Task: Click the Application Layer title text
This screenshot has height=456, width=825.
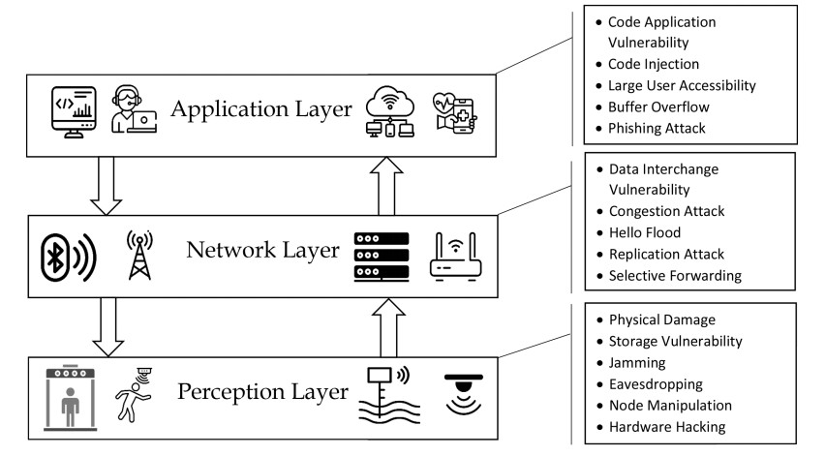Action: [260, 108]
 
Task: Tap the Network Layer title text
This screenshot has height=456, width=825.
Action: [262, 251]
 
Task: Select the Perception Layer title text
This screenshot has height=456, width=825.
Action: [262, 393]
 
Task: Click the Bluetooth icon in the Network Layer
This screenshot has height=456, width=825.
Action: [66, 255]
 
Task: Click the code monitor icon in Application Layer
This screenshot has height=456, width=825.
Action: [75, 110]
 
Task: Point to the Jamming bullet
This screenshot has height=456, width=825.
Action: [636, 362]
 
